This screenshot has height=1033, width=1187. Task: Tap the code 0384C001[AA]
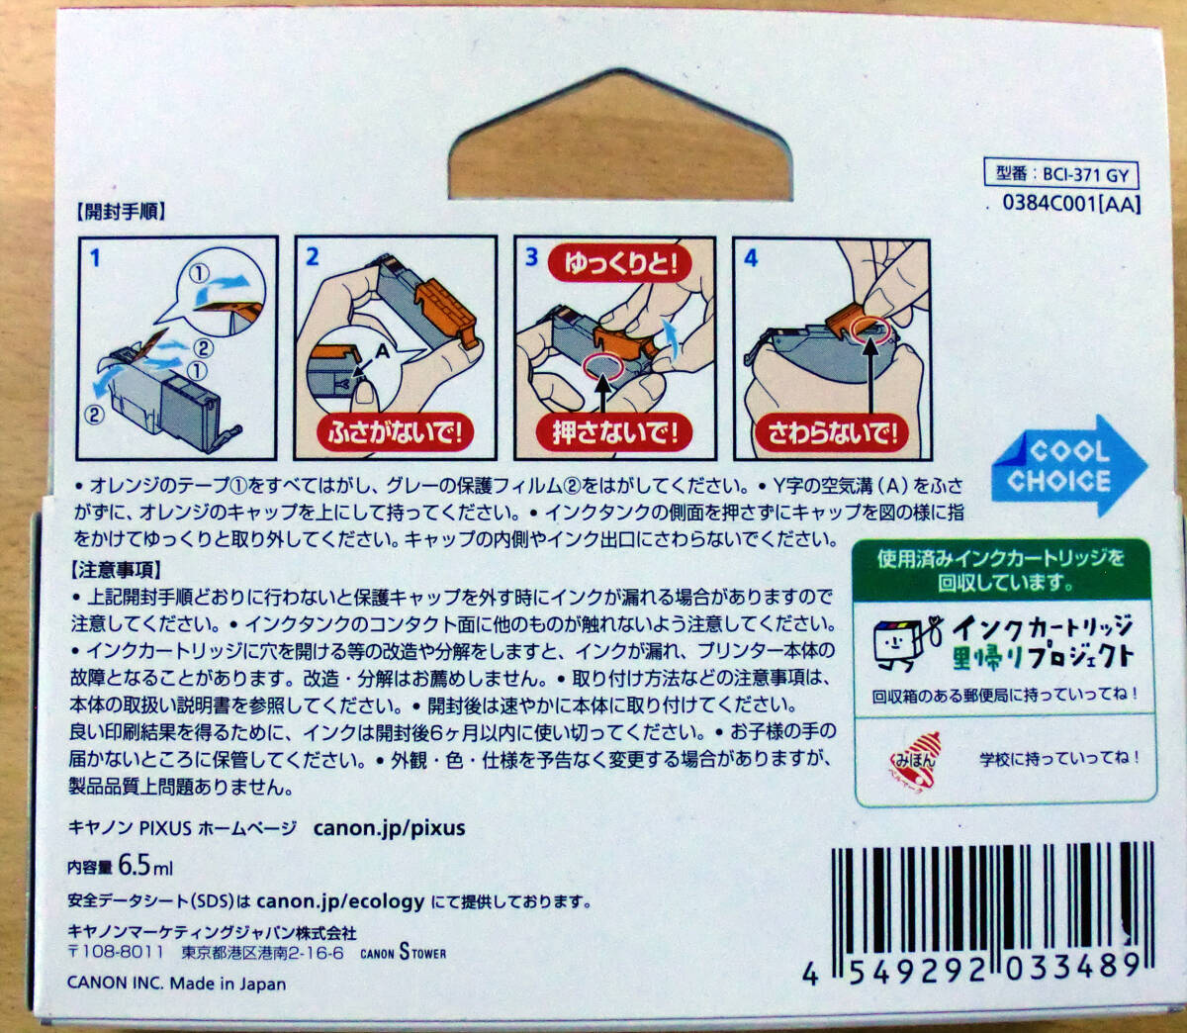pyautogui.click(x=1071, y=204)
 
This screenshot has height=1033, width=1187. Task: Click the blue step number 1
pyautogui.click(x=95, y=258)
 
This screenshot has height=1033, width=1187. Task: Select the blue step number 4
pyautogui.click(x=751, y=258)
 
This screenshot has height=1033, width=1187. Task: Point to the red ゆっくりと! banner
pyautogui.click(x=621, y=263)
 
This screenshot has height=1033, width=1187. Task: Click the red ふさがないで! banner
pyautogui.click(x=396, y=432)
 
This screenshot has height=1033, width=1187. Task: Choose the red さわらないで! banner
pyautogui.click(x=832, y=432)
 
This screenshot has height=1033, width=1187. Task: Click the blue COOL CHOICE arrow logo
pyautogui.click(x=1067, y=466)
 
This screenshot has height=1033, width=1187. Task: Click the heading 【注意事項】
pyautogui.click(x=117, y=571)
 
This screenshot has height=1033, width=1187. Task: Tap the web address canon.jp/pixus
pyautogui.click(x=389, y=828)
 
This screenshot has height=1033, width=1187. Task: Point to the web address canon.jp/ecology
pyautogui.click(x=340, y=901)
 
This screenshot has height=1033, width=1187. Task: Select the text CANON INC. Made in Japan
pyautogui.click(x=176, y=984)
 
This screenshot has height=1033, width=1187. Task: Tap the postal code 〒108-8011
pyautogui.click(x=116, y=953)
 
